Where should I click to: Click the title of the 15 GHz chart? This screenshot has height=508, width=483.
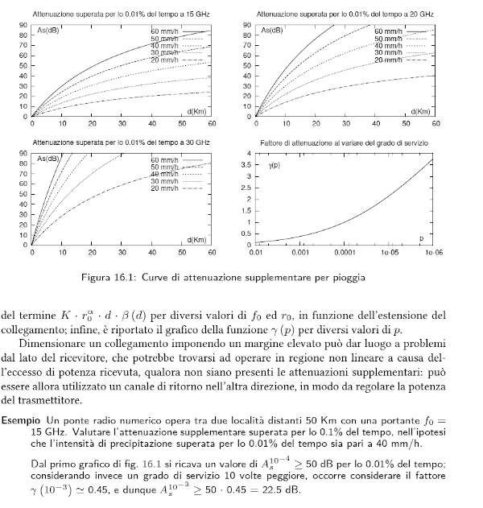pos(119,15)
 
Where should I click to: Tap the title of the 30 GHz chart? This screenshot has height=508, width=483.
pos(119,142)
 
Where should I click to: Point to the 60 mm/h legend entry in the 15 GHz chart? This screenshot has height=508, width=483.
pos(163,31)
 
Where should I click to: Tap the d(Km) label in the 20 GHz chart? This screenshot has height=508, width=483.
pos(423,110)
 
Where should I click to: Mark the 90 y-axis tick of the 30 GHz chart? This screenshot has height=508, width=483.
pos(23,153)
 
